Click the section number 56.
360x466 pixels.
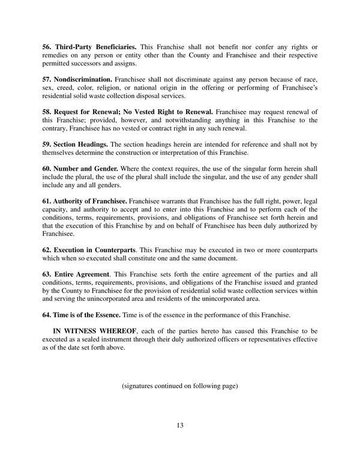[x=46, y=47]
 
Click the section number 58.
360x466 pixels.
[x=46, y=112]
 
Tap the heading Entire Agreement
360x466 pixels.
[x=82, y=274]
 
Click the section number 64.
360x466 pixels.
[x=46, y=315]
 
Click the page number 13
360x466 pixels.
[x=180, y=426]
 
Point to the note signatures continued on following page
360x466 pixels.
[x=180, y=386]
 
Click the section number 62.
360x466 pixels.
[x=46, y=249]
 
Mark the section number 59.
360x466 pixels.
[x=46, y=144]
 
